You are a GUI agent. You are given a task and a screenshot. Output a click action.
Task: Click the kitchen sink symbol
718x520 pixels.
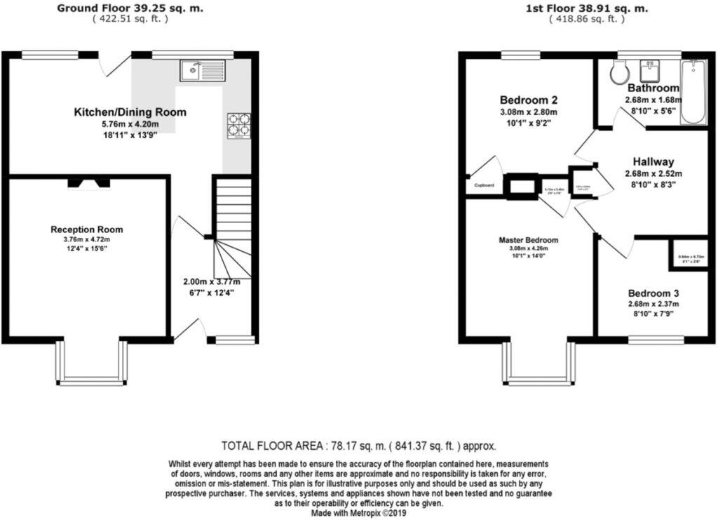202,70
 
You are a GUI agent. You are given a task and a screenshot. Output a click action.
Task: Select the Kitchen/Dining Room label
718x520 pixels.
130,112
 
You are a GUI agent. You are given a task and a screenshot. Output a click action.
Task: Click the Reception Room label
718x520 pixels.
87,229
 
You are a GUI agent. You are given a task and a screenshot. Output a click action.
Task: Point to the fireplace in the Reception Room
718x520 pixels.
89,183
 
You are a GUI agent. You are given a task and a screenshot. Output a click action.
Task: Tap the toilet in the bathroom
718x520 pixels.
619,69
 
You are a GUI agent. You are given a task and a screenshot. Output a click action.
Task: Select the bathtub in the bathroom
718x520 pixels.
693,91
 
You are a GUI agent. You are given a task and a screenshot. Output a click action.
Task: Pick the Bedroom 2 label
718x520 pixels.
529,99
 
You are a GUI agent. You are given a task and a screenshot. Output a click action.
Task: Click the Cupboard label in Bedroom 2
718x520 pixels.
484,185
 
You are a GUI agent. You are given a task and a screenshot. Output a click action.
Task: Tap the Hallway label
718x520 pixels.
653,161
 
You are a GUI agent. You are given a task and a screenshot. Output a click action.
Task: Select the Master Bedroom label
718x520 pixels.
529,239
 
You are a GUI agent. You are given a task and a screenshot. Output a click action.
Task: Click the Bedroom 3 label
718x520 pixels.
653,293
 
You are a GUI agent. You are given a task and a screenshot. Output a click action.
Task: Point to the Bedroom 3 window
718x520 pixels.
656,340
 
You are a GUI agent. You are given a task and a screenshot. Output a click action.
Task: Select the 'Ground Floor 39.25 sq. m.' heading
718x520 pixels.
130,8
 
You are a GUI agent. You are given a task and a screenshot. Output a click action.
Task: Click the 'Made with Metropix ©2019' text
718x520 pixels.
358,513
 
